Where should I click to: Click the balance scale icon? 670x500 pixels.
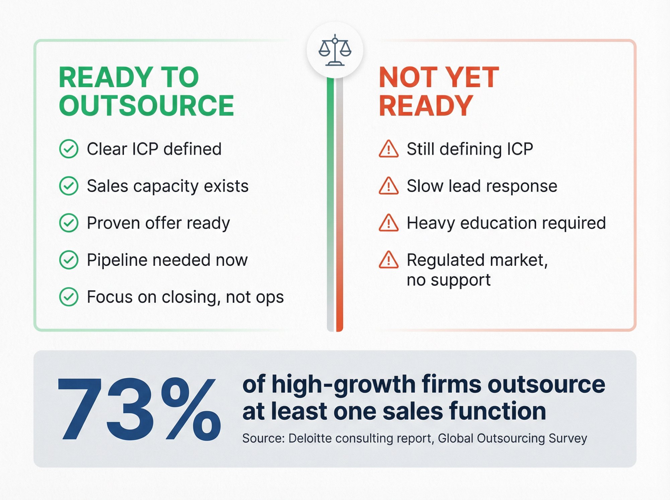[x=335, y=50]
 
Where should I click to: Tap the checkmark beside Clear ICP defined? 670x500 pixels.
[x=69, y=149]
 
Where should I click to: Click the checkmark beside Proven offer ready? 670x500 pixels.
[x=69, y=223]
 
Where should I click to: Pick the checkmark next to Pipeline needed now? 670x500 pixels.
[x=69, y=260]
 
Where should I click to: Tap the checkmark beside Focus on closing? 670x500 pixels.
[x=69, y=297]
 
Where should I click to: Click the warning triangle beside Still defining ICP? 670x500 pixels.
[x=389, y=149]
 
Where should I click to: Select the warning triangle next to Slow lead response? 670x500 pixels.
[x=389, y=186]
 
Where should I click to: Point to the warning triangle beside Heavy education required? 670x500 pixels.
[x=389, y=223]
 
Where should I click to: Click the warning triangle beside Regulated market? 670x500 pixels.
[x=389, y=260]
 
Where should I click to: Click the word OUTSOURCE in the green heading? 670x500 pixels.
[x=146, y=106]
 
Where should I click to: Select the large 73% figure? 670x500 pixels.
[x=139, y=409]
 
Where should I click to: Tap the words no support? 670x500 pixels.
[x=448, y=280]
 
